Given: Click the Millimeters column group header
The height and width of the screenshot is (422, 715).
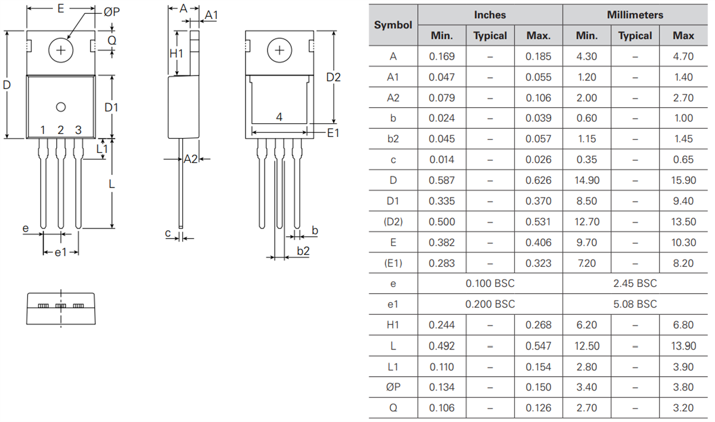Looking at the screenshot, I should click(x=635, y=15).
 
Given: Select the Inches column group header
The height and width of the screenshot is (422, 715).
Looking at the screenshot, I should click(x=490, y=15).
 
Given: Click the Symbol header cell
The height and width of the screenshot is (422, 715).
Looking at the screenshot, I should click(x=393, y=25).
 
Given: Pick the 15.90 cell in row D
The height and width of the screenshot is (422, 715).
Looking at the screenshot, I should click(x=683, y=180).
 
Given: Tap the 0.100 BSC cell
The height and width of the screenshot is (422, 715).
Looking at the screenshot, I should click(x=490, y=283).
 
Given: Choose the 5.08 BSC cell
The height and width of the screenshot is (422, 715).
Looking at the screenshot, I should click(x=635, y=304).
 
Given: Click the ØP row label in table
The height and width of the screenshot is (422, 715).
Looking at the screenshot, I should click(x=393, y=387).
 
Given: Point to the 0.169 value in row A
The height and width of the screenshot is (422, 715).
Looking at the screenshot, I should click(x=442, y=57).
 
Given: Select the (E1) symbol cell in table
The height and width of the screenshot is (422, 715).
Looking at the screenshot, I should click(x=393, y=263).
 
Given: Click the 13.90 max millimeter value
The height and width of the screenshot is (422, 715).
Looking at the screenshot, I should click(x=683, y=346).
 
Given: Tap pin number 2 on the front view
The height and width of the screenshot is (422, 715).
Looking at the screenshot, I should click(x=60, y=130).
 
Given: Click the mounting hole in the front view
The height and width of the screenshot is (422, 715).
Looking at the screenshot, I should click(x=60, y=50).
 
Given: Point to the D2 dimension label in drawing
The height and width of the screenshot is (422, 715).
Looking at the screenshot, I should click(x=334, y=77).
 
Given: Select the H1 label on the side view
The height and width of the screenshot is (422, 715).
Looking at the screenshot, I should click(x=176, y=54).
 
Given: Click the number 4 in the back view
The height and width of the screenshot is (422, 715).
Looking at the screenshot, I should click(x=279, y=118).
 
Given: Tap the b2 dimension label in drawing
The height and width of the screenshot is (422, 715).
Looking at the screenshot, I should click(x=303, y=251).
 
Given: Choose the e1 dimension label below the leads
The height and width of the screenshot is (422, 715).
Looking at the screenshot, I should click(x=61, y=252).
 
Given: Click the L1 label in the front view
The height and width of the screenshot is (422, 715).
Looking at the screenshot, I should click(x=102, y=148).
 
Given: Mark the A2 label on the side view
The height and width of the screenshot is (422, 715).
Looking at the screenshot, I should click(x=190, y=159).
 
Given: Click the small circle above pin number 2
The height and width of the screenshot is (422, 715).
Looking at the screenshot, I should click(x=60, y=107).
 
